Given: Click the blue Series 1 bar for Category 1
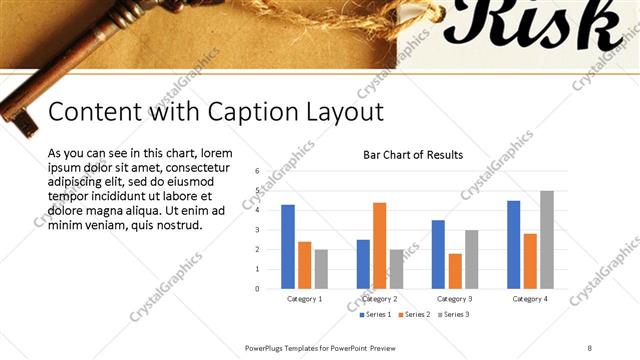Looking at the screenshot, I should tap(288, 247).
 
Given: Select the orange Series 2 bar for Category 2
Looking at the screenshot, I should tap(379, 246).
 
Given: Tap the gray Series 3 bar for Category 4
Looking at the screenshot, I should tap(546, 240).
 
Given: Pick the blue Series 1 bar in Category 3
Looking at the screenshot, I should tap(438, 255).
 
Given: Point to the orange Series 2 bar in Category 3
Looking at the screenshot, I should tap(455, 271).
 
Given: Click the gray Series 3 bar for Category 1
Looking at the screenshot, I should tap(321, 269).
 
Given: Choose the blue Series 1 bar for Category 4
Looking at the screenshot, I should tap(513, 245).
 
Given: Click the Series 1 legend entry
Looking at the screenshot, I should tap(375, 315).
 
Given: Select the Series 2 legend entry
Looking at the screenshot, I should tap(414, 315).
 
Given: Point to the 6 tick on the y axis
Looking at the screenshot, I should tap(257, 171).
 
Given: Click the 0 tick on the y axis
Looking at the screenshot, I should tap(257, 289).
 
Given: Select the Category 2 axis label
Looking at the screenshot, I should tap(379, 299).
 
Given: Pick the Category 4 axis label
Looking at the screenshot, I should tap(529, 299).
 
